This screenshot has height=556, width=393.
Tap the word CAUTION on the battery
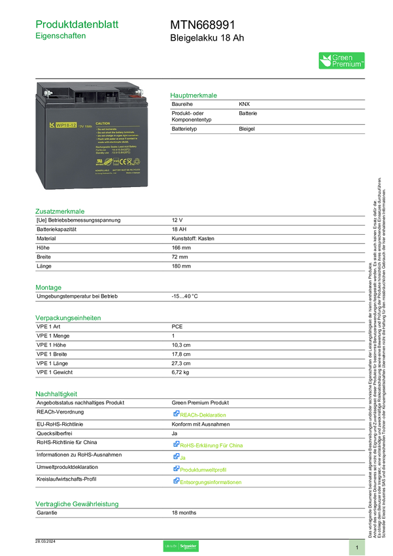103,123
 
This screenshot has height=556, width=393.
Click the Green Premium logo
341,61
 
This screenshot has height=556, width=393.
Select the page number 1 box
357,547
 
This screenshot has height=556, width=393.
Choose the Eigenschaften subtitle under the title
61,37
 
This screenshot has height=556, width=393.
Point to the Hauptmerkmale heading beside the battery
194,96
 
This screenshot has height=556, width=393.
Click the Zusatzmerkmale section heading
60,211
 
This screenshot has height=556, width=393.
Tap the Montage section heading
48,287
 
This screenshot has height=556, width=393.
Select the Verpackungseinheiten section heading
68,318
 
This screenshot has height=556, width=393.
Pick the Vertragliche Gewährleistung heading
77,504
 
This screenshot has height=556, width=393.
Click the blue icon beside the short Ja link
176,457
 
